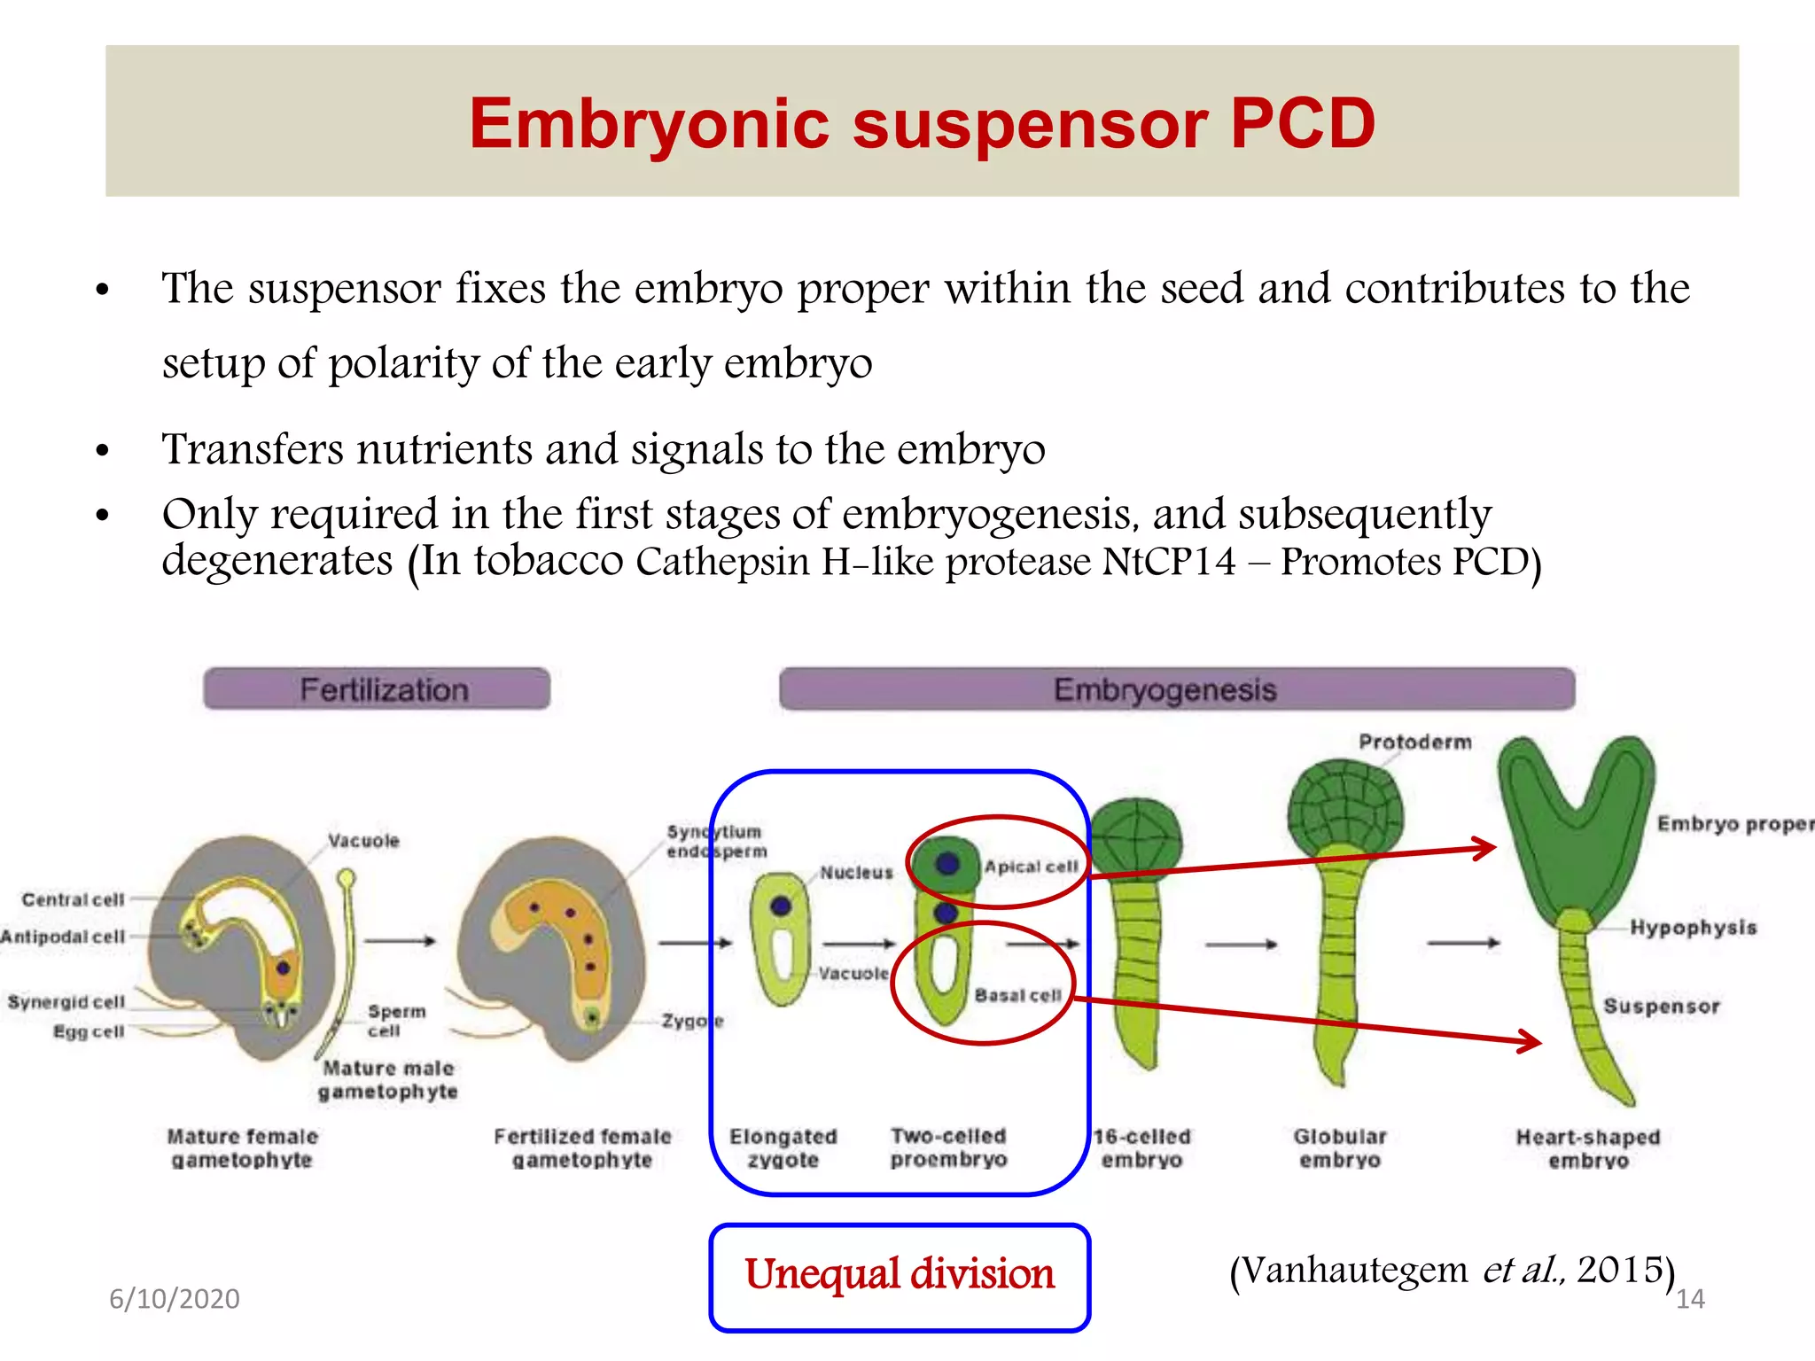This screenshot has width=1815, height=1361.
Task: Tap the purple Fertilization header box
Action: pyautogui.click(x=377, y=689)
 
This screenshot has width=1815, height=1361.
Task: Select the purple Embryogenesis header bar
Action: pyautogui.click(x=1176, y=689)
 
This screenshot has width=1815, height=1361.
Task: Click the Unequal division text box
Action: pyautogui.click(x=899, y=1277)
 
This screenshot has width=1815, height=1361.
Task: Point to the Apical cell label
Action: pyautogui.click(x=1031, y=867)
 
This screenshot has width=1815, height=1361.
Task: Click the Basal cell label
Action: pyautogui.click(x=1017, y=996)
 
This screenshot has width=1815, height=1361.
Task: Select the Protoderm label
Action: pyautogui.click(x=1414, y=743)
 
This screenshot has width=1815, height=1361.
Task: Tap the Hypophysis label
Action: pyautogui.click(x=1693, y=928)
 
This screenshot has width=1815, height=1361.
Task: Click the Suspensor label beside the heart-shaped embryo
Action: pyautogui.click(x=1661, y=1007)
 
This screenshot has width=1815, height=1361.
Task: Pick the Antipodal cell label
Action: pyautogui.click(x=62, y=937)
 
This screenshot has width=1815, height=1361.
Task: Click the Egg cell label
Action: pyautogui.click(x=89, y=1031)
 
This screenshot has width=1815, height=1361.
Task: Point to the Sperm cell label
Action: pyautogui.click(x=395, y=1021)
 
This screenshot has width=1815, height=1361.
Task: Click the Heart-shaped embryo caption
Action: pyautogui.click(x=1587, y=1148)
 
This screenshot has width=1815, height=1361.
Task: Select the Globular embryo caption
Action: pyautogui.click(x=1339, y=1148)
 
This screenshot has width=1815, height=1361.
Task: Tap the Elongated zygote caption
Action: pyautogui.click(x=783, y=1148)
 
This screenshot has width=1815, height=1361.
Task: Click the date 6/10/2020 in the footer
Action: pyautogui.click(x=175, y=1299)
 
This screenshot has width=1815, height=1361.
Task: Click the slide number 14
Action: pyautogui.click(x=1690, y=1299)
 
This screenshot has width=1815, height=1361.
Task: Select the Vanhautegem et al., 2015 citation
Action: pyautogui.click(x=1452, y=1270)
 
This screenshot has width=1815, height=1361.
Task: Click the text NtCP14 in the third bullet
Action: pyautogui.click(x=1168, y=562)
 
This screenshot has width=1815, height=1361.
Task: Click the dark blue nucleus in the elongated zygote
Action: pyautogui.click(x=781, y=906)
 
